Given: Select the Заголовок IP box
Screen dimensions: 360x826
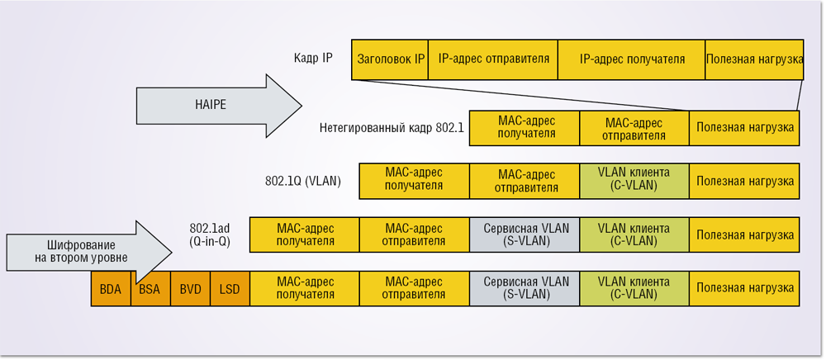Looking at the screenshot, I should click(390, 59).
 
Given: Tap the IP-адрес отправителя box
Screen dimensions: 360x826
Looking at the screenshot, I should click(493, 59).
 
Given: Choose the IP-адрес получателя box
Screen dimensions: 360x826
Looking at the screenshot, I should click(632, 59).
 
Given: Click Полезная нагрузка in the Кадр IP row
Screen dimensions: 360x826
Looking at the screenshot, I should click(754, 59).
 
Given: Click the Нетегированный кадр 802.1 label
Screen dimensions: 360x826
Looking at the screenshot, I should click(392, 128).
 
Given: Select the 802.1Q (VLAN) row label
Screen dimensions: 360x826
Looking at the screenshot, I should click(303, 181).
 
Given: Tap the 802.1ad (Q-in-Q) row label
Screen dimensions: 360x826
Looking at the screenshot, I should click(211, 234).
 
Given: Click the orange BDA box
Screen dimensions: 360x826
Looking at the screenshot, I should click(111, 289).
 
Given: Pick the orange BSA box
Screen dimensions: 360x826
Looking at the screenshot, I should click(150, 289).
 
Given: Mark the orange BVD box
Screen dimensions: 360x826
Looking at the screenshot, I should click(190, 289).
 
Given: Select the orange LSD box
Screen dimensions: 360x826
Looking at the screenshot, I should click(230, 289).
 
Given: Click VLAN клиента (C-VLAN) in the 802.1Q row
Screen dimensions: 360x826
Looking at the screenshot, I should click(634, 181).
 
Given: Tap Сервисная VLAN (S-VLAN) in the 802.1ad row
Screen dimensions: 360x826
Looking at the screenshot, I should click(525, 234).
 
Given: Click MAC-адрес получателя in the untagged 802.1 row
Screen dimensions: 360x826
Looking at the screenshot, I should click(525, 128).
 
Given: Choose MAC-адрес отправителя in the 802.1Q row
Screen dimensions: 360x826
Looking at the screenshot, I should click(525, 181).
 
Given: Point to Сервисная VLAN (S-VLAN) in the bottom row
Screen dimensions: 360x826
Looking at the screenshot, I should click(525, 289).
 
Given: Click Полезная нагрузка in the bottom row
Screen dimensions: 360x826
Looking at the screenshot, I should click(744, 289).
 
